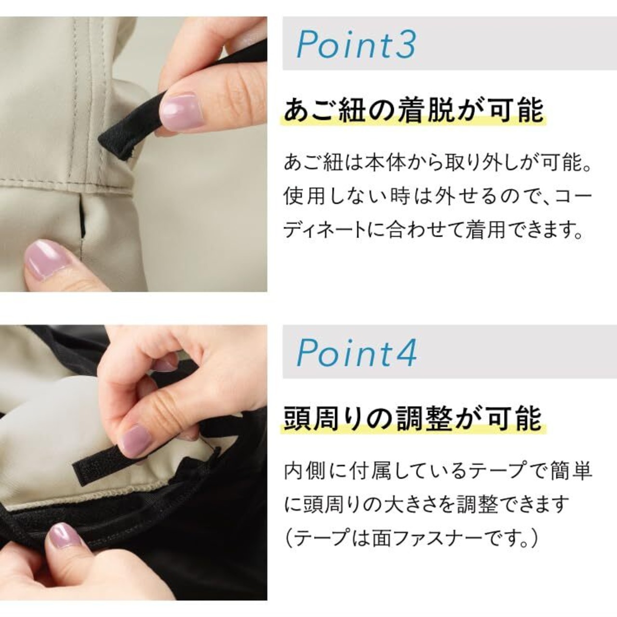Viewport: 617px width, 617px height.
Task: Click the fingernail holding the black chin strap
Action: [x=179, y=107]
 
